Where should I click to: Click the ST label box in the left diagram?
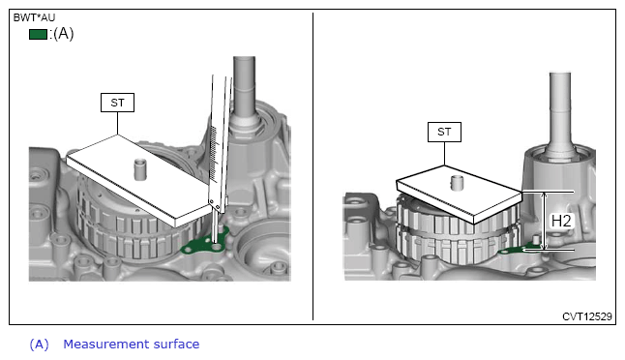(x=117, y=103)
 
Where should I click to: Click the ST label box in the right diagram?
(x=444, y=132)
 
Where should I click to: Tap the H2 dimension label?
(x=561, y=221)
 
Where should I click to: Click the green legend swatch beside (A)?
(x=38, y=34)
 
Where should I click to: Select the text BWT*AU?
(x=34, y=17)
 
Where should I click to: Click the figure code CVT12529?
(x=586, y=316)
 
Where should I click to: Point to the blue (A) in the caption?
(x=39, y=345)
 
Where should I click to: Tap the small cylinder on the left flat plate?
(x=139, y=169)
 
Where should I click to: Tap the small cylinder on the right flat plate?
(x=457, y=183)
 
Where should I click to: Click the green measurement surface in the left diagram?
(x=203, y=244)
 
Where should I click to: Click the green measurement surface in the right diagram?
(x=519, y=250)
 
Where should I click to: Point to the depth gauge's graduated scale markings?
(x=213, y=153)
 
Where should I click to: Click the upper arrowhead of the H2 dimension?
(x=545, y=195)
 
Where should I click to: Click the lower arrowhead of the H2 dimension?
(x=545, y=247)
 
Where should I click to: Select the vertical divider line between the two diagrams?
(x=312, y=166)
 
